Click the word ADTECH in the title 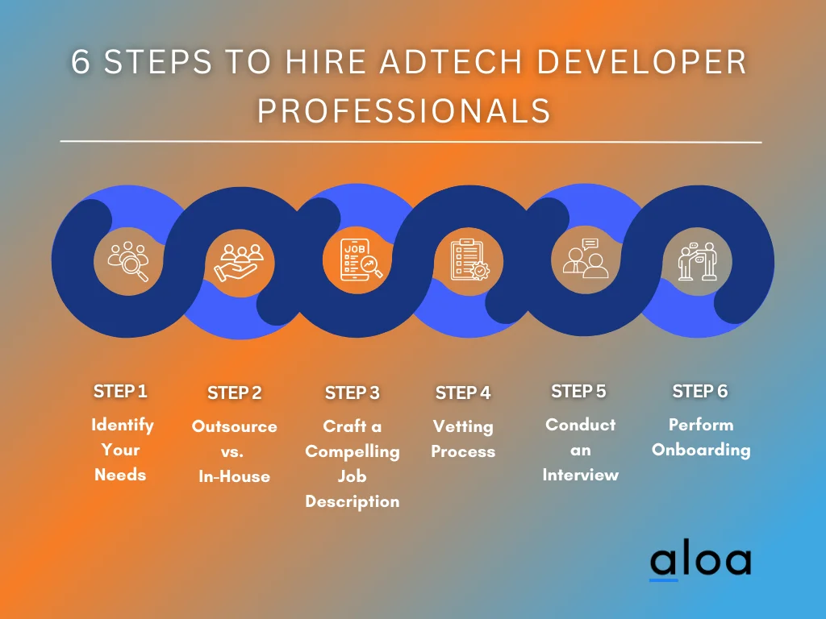pos(451,62)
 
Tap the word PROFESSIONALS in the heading pos(404,110)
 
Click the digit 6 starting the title pos(81,62)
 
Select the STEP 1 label pos(121,391)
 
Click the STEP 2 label pos(235,393)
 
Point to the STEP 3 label pos(353,393)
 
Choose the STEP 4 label pos(463,393)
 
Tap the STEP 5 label pos(579,391)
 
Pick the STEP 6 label pos(700,391)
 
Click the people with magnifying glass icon pos(128,261)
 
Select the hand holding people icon pos(239,263)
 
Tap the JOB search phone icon pos(361,260)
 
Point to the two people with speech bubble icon pos(586,258)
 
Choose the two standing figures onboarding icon pos(698,261)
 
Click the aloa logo pos(701,561)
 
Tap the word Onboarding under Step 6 pos(701,451)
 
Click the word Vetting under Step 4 pos(463,426)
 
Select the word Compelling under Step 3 pos(353,451)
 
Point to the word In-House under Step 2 pos(235,476)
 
